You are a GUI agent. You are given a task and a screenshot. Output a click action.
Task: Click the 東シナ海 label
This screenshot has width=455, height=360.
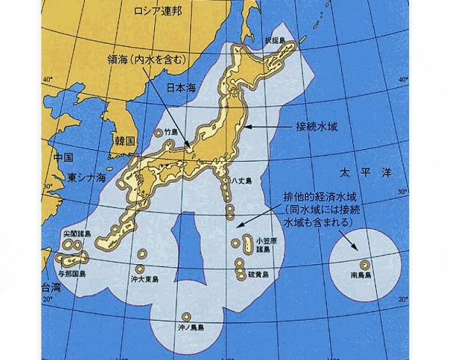(x=87, y=177)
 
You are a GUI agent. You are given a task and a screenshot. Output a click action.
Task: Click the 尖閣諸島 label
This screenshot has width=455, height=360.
(x=77, y=234)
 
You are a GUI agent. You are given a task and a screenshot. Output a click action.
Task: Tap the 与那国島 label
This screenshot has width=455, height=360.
(x=73, y=273)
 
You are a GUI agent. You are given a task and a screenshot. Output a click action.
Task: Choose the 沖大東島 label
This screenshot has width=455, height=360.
(x=144, y=280)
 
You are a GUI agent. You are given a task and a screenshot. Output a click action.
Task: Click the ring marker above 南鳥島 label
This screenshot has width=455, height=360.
(x=363, y=263)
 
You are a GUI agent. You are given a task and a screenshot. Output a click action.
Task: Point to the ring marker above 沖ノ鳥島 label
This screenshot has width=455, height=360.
(x=187, y=316)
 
